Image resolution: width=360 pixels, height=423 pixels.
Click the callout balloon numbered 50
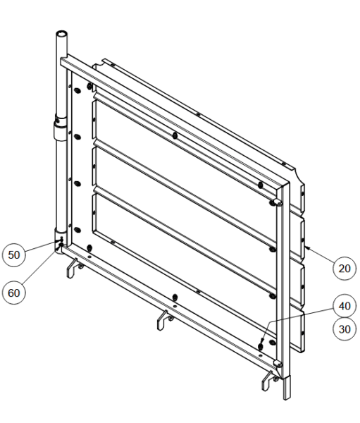click(14, 255)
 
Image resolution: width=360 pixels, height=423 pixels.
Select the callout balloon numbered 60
click(14, 293)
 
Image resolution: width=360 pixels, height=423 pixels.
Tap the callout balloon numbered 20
click(345, 269)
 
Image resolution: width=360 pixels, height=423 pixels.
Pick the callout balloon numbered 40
click(345, 306)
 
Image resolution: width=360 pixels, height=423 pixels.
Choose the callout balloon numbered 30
click(345, 329)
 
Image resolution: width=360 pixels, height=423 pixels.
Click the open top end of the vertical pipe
click(62, 34)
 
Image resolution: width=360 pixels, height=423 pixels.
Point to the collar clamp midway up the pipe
click(61, 128)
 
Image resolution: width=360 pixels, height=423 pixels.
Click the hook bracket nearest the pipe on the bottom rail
click(73, 268)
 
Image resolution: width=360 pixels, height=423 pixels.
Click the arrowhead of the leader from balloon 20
click(306, 247)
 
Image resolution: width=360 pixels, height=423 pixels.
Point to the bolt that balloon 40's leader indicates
click(261, 345)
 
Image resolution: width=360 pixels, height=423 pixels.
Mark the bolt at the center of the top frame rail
click(175, 135)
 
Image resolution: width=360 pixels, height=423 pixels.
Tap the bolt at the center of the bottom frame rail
click(175, 298)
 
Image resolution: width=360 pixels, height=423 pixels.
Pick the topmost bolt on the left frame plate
click(77, 91)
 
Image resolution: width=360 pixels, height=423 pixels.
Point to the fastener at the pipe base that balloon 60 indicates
click(61, 245)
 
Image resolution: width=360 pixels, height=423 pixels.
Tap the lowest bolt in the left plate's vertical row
click(77, 230)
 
